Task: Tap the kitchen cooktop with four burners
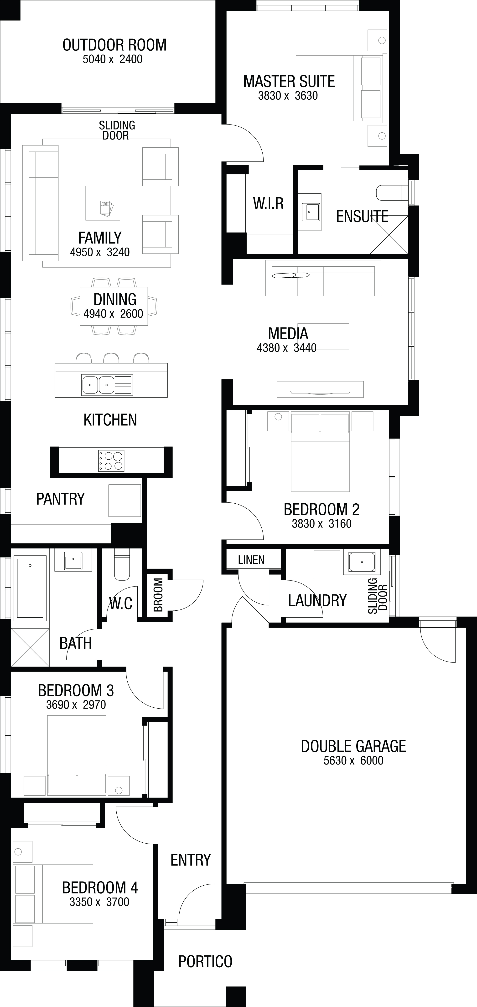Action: (x=111, y=461)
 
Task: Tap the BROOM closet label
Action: (x=158, y=595)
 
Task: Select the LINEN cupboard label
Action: (x=251, y=560)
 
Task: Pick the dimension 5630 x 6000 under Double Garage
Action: (x=353, y=760)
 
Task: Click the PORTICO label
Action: (x=205, y=961)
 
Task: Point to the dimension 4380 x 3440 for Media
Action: (x=286, y=348)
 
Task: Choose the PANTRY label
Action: (x=61, y=499)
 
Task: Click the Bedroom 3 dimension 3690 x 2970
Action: (x=76, y=705)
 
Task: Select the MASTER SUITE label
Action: (x=289, y=81)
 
